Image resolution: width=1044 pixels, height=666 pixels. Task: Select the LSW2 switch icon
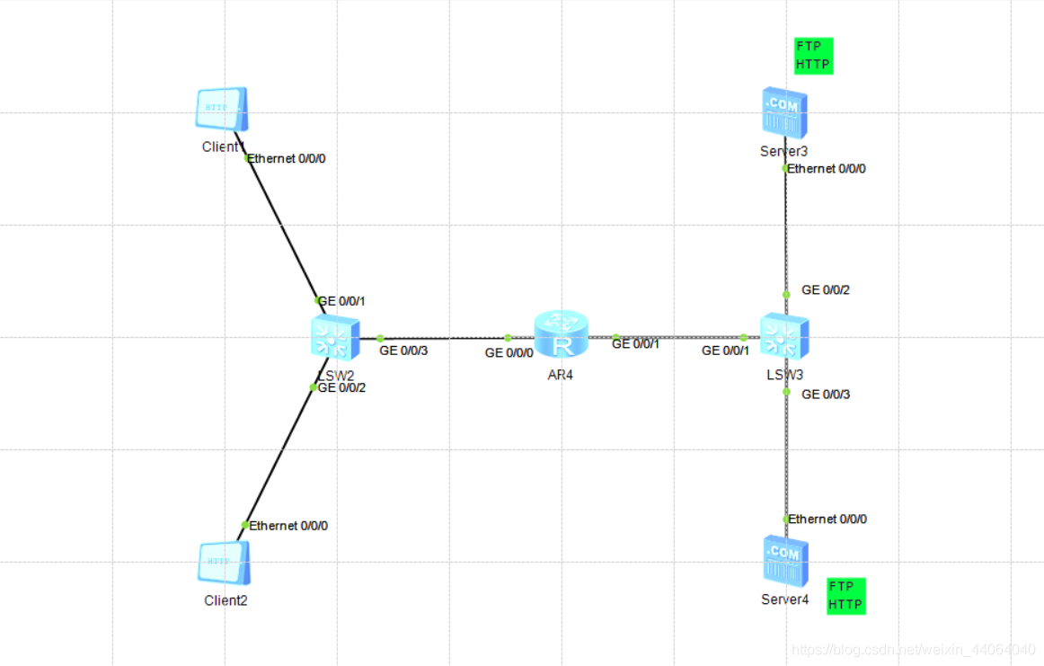click(x=333, y=338)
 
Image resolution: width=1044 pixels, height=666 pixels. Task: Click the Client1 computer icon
click(x=221, y=110)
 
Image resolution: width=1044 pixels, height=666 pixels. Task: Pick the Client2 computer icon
click(x=222, y=564)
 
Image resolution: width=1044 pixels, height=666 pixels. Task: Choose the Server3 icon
click(x=784, y=112)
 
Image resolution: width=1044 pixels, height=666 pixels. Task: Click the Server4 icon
click(x=784, y=561)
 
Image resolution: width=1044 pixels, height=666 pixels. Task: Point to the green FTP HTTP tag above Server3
click(x=813, y=56)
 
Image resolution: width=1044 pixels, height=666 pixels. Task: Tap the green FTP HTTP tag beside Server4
click(x=845, y=596)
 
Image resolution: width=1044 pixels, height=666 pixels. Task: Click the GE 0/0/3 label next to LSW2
click(x=403, y=351)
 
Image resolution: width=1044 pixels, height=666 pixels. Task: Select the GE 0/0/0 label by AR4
click(x=509, y=353)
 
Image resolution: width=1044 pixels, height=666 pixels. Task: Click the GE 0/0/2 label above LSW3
click(x=825, y=290)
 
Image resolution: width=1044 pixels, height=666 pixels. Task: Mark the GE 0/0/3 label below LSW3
click(x=825, y=395)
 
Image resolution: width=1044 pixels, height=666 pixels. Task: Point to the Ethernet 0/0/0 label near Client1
click(x=287, y=159)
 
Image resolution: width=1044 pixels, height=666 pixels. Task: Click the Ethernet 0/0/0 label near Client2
click(x=288, y=526)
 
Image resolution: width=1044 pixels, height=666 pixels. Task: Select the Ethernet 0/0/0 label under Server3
click(x=827, y=169)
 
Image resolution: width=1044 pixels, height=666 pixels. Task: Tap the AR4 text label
click(x=559, y=375)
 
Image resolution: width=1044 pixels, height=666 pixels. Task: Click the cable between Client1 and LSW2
click(x=283, y=230)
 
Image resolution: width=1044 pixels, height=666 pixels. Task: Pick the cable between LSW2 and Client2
click(x=279, y=457)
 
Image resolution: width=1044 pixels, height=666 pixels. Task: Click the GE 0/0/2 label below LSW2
click(x=342, y=388)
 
